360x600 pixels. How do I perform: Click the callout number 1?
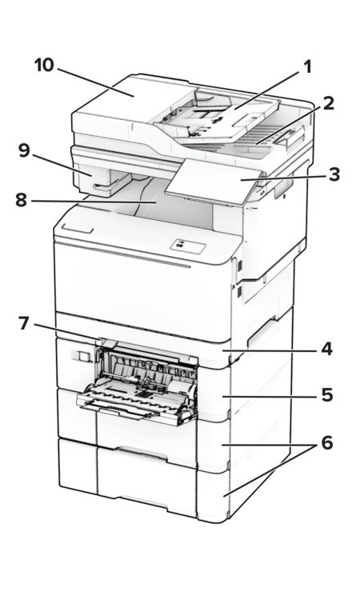(x=307, y=67)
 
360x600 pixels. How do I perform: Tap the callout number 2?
(x=328, y=103)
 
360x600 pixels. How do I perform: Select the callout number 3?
(x=334, y=174)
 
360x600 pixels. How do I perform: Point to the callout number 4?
(x=326, y=350)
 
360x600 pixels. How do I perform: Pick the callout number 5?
(x=327, y=395)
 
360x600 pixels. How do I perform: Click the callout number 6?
(x=327, y=443)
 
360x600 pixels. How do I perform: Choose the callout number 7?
(x=24, y=323)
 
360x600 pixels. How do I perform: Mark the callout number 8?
(x=22, y=200)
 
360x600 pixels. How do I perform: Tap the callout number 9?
(x=24, y=150)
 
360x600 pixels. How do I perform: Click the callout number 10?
(x=44, y=65)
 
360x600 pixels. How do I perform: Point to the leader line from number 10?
(x=96, y=82)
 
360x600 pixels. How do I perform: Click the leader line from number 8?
(x=94, y=201)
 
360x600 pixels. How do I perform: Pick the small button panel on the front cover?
(x=188, y=246)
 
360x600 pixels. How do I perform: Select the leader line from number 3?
(x=283, y=177)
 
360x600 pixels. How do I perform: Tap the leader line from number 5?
(x=270, y=397)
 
